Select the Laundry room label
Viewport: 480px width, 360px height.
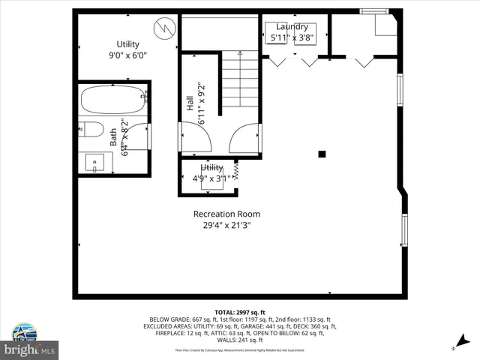[292, 26]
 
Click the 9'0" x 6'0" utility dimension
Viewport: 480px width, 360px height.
[127, 54]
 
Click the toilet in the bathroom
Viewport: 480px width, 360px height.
[91, 129]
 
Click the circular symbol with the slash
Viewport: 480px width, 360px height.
[163, 28]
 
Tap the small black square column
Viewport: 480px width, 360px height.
[322, 154]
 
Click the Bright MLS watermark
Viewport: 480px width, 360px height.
[30, 349]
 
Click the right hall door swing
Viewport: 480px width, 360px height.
[245, 139]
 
